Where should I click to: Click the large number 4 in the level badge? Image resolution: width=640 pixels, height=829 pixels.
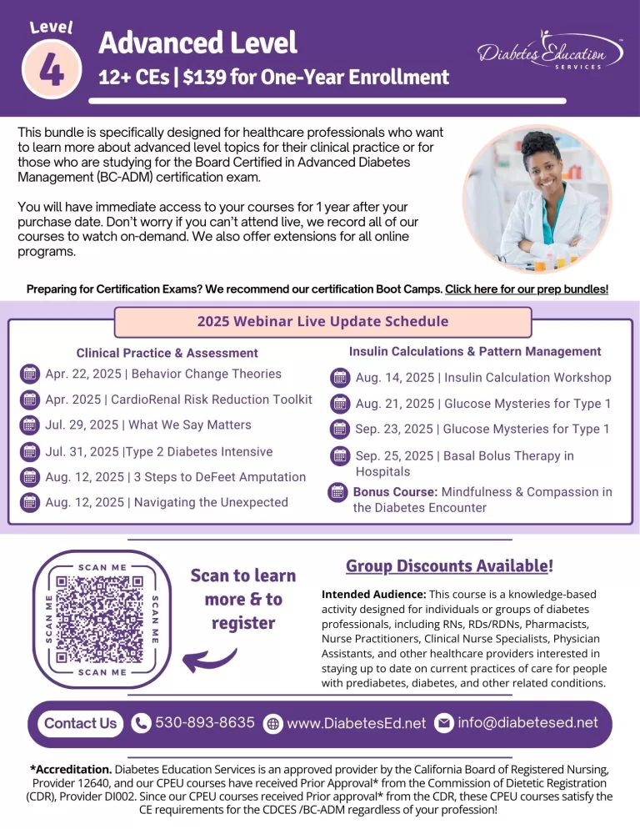click(51, 69)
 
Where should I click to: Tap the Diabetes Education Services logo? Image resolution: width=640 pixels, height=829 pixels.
click(551, 55)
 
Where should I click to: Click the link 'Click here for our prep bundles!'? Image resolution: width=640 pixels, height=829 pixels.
click(527, 289)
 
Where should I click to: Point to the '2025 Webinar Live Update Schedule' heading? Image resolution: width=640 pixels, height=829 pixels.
click(322, 322)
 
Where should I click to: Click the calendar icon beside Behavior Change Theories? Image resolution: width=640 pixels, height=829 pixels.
click(29, 374)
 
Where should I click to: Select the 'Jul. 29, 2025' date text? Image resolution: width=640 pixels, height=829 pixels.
click(82, 425)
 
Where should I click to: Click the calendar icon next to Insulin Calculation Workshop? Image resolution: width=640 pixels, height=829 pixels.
click(340, 378)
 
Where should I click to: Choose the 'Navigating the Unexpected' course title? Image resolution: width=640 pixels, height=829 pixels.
click(208, 502)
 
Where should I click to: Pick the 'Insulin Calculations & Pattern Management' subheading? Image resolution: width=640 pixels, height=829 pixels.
click(475, 351)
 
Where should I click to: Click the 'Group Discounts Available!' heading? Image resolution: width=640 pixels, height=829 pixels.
click(448, 566)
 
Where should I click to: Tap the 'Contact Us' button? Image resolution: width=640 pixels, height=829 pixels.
click(80, 723)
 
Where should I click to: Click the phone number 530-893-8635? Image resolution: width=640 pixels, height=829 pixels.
click(205, 722)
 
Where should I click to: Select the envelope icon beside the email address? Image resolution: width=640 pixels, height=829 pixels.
click(444, 723)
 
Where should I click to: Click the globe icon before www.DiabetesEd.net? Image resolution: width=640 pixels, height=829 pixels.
click(272, 724)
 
